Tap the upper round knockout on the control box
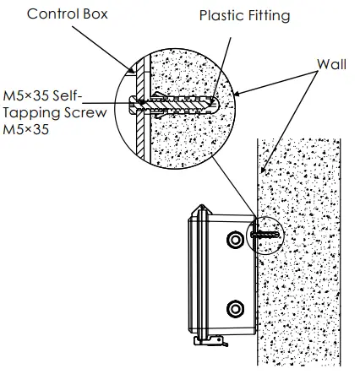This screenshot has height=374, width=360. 234,241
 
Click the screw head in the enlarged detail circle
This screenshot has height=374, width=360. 134,105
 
